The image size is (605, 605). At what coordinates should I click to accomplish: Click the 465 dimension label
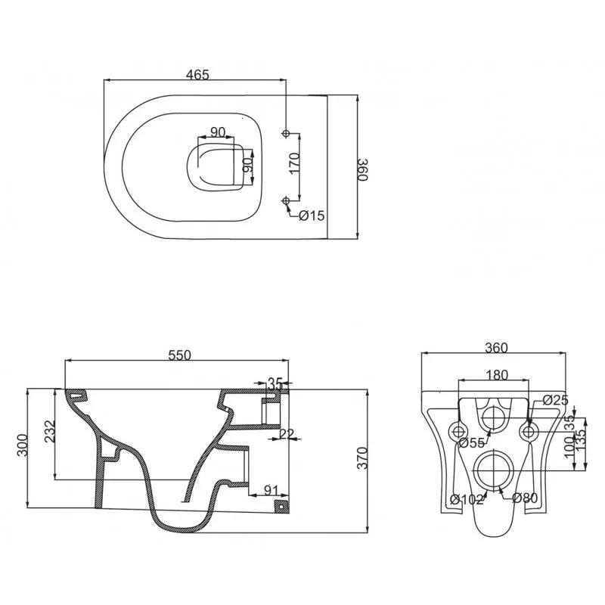pos(197,74)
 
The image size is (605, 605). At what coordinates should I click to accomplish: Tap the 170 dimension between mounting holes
pos(294,163)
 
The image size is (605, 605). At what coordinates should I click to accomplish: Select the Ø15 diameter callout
pos(312,216)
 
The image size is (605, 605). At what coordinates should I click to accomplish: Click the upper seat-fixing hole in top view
pos(286,134)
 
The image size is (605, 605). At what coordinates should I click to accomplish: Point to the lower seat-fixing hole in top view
pos(286,200)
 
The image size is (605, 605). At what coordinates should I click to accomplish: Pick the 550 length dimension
pos(179,355)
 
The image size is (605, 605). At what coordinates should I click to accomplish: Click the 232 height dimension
pos(49,431)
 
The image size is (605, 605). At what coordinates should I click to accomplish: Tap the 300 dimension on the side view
pos(23,445)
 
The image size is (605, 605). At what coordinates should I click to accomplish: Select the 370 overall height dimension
pos(362,458)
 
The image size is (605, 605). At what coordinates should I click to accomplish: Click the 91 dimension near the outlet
pos(271,490)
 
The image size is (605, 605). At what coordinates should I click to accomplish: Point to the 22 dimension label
pos(287,434)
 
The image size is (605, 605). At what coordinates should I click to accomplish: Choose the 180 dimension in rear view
pos(497,374)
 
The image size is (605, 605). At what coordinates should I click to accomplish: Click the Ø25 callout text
pos(555,400)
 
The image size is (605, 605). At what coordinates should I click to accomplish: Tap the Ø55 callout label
pos(471,443)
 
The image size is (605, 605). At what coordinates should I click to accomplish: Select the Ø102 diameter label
pos(467,499)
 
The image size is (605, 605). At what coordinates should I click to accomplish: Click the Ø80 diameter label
pos(525,498)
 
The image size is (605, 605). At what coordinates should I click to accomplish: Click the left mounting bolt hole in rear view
pos(459,431)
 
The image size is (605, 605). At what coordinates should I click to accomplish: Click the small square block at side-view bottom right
pos(281,506)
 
